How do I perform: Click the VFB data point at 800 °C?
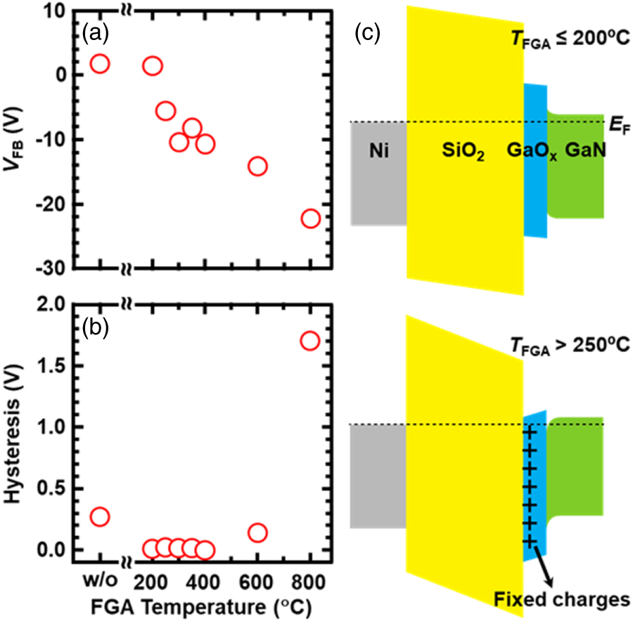tap(310, 218)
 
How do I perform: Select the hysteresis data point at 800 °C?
tap(310, 341)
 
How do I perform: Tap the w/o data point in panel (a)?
tap(100, 63)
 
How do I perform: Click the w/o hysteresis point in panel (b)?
tap(100, 516)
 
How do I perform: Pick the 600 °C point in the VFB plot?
tap(257, 166)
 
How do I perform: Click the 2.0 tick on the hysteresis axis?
tap(56, 303)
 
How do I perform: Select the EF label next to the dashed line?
tap(615, 128)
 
